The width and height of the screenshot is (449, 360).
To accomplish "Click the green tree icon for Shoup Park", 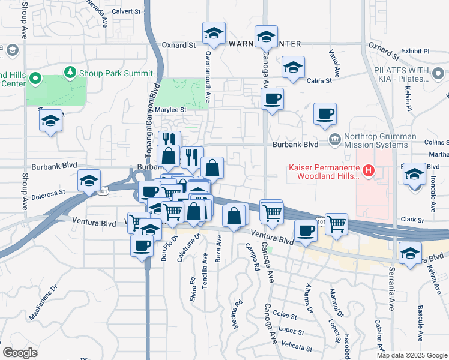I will [71, 73].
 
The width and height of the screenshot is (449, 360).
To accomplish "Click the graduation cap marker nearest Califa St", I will [293, 67].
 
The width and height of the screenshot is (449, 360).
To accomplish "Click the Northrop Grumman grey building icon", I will [335, 140].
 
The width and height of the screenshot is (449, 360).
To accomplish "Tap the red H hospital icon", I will [369, 172].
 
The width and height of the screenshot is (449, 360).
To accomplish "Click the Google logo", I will [20, 352].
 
